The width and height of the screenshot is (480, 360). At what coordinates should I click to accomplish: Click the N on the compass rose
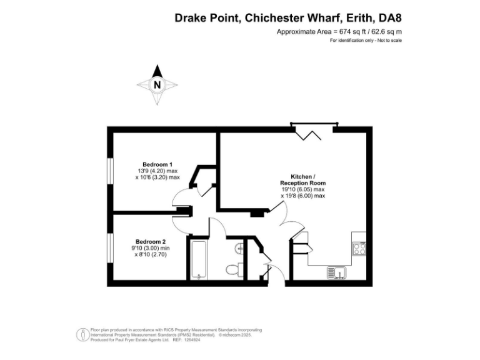point(157,85)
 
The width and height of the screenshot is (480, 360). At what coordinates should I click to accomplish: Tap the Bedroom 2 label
point(151,241)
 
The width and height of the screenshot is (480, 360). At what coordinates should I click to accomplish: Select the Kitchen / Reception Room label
point(303,180)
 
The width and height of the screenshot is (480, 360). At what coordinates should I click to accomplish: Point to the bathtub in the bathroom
point(197,259)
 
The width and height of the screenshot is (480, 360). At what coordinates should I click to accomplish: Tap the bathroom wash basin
point(239,249)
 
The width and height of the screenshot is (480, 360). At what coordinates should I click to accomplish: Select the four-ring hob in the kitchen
point(359,249)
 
